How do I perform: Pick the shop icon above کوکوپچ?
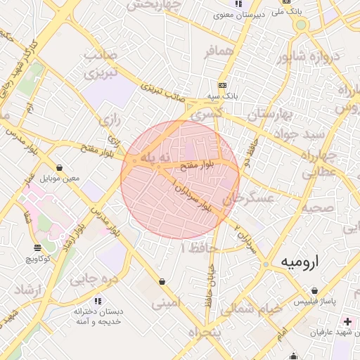click(x=37, y=247)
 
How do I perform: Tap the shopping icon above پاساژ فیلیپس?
click(x=314, y=290)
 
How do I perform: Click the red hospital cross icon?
click(x=348, y=321)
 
